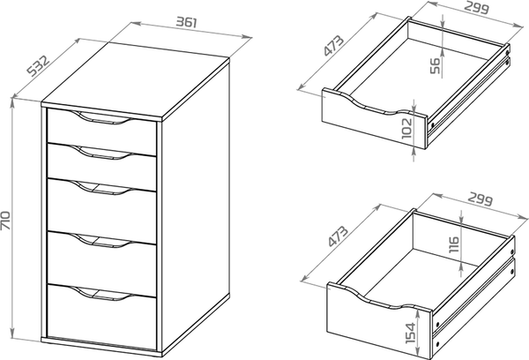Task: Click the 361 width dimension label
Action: [x=186, y=22]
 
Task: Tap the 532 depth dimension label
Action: [x=39, y=66]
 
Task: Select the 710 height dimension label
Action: [x=6, y=221]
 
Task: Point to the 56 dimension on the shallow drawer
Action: [x=436, y=66]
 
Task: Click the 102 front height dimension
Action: [x=407, y=128]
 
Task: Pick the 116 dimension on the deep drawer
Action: [x=454, y=244]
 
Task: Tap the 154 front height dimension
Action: [x=411, y=333]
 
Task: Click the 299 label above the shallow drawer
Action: [x=477, y=7]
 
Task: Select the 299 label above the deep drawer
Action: [x=481, y=199]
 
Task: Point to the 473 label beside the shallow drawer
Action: [x=333, y=45]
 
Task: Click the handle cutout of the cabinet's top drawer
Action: [x=101, y=118]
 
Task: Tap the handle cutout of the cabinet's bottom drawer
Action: [x=101, y=293]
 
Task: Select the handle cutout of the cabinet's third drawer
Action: [x=101, y=188]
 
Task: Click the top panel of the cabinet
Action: [x=136, y=81]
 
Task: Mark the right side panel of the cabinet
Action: [x=196, y=206]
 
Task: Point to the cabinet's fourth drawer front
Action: [x=101, y=264]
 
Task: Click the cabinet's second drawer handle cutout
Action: [x=101, y=153]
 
